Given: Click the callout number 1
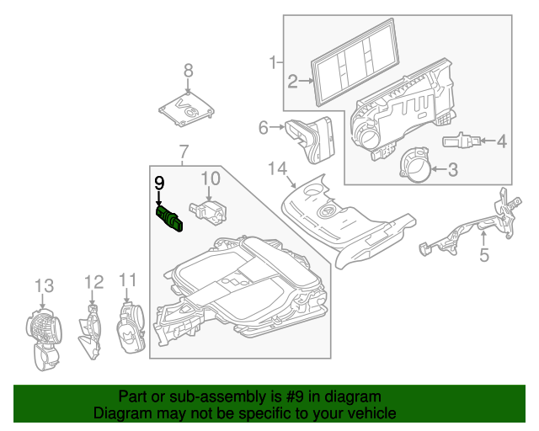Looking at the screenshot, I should pos(272,61).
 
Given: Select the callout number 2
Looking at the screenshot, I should pos(292,82).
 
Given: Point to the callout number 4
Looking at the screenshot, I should pos(501,141).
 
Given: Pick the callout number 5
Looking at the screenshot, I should pos(483,253).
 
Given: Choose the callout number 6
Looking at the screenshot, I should pos(263,128).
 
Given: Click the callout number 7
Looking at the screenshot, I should pos(183,152).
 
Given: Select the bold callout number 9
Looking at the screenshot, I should pos(158,181).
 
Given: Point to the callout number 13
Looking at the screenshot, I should pos(43,286).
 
